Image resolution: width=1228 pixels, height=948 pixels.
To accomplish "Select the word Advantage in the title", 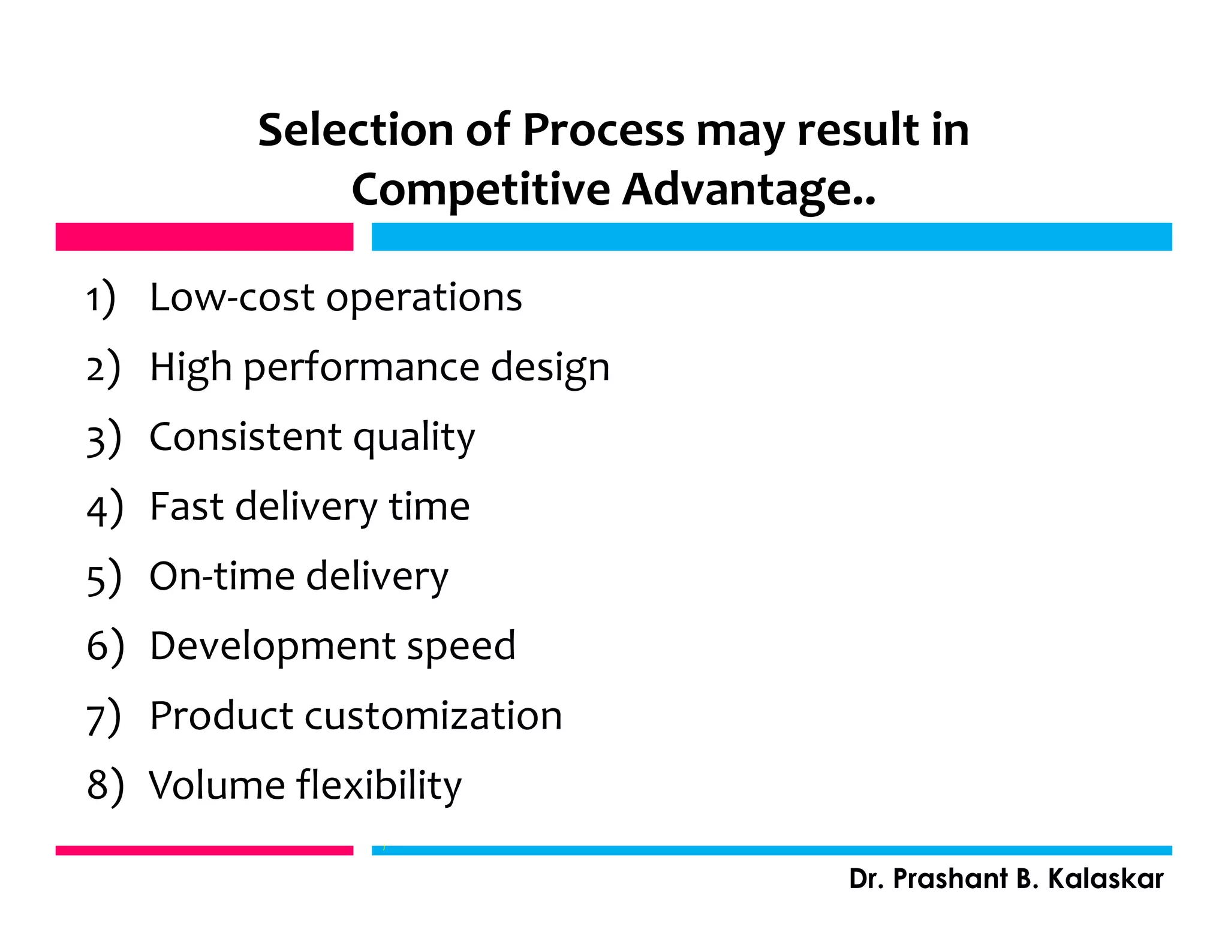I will pos(749,189).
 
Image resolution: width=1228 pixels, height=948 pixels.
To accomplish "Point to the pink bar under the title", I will pos(204,237).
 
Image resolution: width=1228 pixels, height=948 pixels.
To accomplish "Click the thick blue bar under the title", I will pos(771,237).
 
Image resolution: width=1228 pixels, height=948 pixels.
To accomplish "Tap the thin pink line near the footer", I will pos(204,850).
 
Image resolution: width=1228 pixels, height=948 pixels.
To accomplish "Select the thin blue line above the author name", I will pos(771,850).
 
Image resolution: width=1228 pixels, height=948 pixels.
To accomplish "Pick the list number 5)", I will pos(104,578).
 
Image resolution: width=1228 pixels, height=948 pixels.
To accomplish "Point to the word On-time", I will pos(222,576).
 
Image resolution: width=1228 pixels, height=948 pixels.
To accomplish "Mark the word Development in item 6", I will pos(273,647).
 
